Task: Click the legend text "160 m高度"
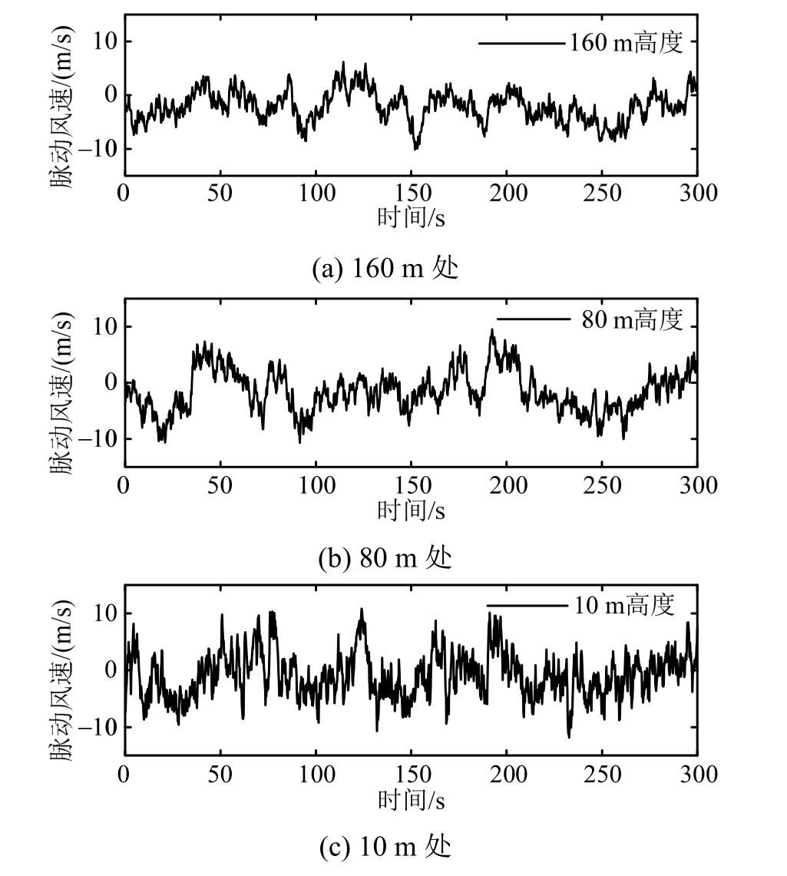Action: pyautogui.click(x=626, y=42)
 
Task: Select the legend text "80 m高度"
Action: pyautogui.click(x=632, y=319)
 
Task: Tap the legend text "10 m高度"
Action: pyautogui.click(x=624, y=605)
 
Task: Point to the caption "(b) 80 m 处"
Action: pyautogui.click(x=385, y=557)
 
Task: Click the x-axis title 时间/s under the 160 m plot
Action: pyautogui.click(x=411, y=217)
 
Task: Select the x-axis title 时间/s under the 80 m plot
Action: pyautogui.click(x=411, y=509)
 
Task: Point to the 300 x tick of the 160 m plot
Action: pyautogui.click(x=697, y=192)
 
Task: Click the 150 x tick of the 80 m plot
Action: pyautogui.click(x=411, y=484)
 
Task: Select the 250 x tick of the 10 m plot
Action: pyautogui.click(x=602, y=774)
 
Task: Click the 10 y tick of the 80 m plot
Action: pyautogui.click(x=105, y=327)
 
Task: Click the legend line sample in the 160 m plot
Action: pyautogui.click(x=521, y=43)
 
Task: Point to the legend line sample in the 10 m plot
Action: pyautogui.click(x=527, y=606)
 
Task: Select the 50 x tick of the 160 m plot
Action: pyautogui.click(x=220, y=192)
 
